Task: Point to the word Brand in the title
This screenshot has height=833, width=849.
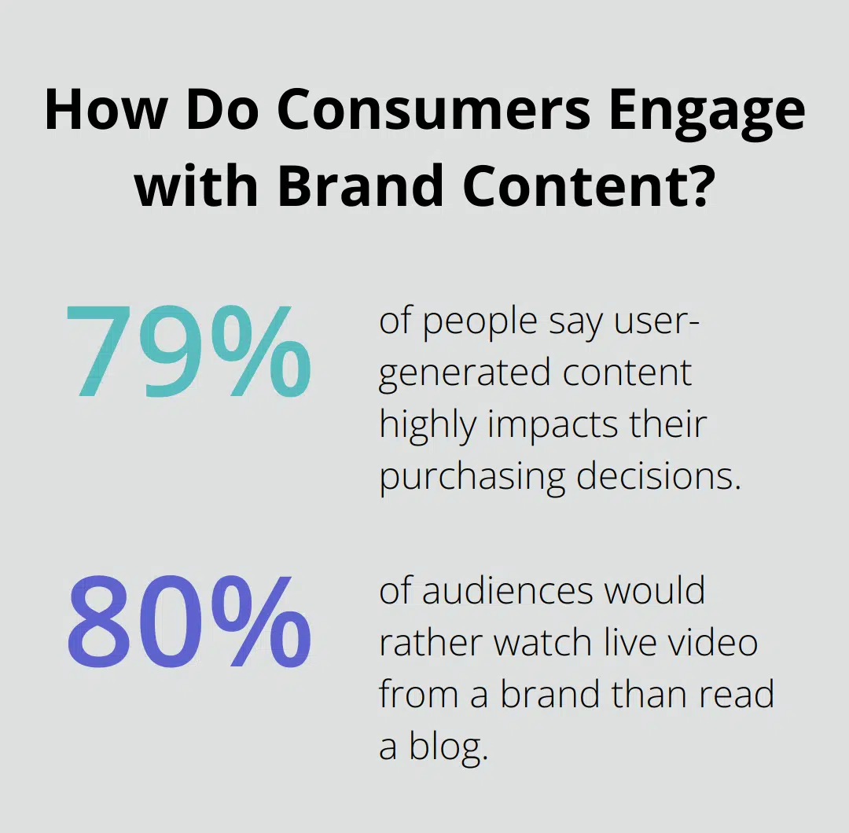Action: (x=323, y=186)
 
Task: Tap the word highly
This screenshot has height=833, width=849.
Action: (x=428, y=424)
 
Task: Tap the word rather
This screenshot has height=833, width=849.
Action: (x=429, y=643)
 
